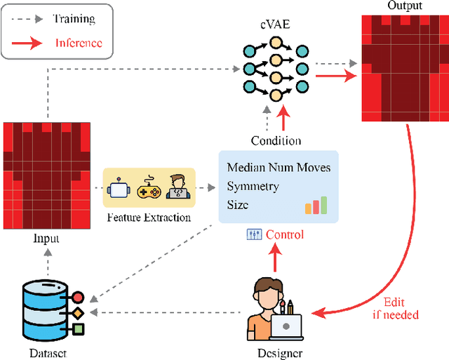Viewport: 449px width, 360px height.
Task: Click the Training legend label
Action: point(74,19)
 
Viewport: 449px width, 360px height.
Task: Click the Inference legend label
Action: point(79,43)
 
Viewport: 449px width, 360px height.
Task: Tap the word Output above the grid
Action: point(405,6)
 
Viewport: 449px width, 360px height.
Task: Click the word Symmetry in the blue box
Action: point(253,187)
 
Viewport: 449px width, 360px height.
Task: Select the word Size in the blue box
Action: point(238,206)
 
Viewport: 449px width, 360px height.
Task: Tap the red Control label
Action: point(286,234)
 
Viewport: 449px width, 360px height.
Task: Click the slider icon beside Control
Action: point(254,234)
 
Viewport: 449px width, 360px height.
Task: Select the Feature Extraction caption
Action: point(149,218)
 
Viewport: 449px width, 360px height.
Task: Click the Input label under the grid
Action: point(46,239)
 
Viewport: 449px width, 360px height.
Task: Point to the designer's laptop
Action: point(286,327)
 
